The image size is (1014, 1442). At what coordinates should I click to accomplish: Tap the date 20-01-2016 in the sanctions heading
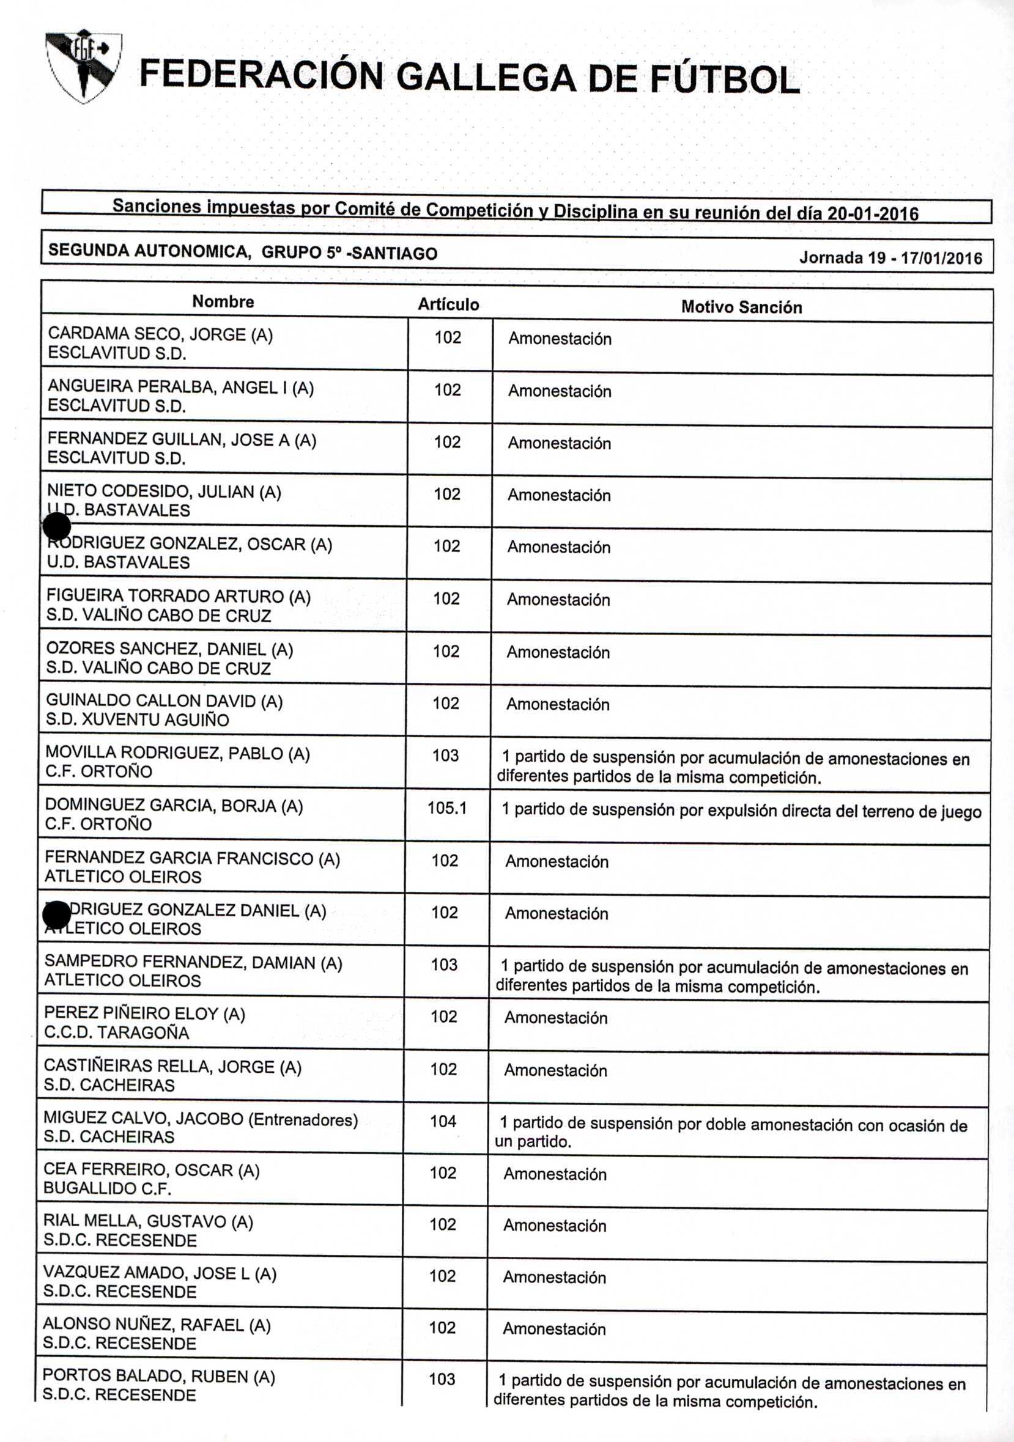point(873,213)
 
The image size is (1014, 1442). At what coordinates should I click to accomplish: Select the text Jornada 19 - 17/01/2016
point(890,257)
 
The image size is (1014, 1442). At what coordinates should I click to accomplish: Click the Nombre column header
point(223,301)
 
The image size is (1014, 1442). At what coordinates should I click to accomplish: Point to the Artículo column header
point(448,304)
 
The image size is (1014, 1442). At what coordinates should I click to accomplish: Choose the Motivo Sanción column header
point(741,307)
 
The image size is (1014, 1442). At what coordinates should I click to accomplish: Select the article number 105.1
point(446,807)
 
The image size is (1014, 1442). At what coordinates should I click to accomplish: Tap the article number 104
point(443,1120)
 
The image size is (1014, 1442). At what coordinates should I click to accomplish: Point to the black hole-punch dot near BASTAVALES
point(57,526)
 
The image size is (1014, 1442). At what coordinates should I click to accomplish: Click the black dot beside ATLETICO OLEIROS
point(57,914)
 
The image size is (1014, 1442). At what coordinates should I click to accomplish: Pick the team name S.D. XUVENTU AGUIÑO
point(137,719)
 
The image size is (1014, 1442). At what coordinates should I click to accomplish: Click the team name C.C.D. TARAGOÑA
point(116,1032)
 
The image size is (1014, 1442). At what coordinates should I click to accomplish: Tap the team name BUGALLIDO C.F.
point(108,1188)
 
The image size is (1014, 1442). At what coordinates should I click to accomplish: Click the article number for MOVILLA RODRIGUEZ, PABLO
point(445,756)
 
